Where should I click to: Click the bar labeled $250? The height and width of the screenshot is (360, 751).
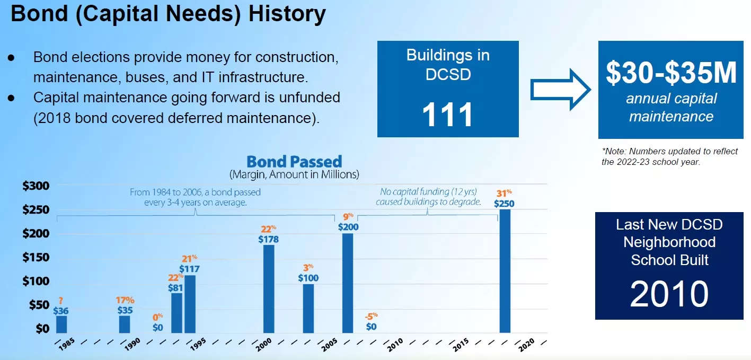[x=505, y=270]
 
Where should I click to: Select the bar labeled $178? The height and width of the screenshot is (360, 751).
[x=269, y=288]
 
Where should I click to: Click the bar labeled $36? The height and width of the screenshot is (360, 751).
[x=61, y=324]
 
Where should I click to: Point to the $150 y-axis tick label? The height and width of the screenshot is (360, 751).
[x=36, y=258]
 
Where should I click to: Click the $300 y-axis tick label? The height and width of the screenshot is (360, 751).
[x=36, y=186]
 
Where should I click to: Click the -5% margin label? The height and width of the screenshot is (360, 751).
[x=371, y=317]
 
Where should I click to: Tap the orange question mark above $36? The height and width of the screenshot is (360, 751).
[x=61, y=301]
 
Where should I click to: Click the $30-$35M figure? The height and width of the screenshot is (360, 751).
[x=671, y=73]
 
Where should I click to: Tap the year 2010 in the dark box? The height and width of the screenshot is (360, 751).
[x=669, y=294]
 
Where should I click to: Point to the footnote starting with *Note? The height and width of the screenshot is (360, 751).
[x=669, y=156]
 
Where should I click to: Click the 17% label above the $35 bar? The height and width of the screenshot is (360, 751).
[x=125, y=300]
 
